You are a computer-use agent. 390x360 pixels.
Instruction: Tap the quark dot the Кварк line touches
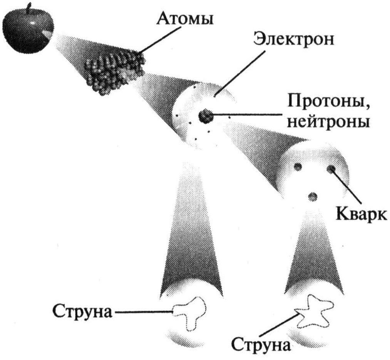330,169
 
